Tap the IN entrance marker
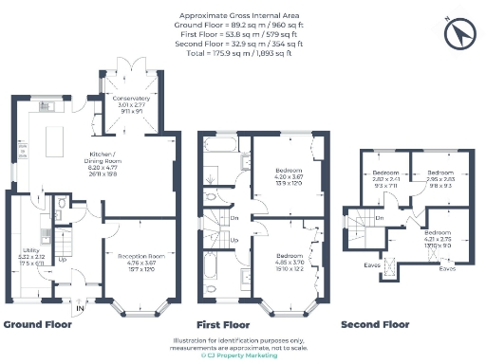tap(80, 307)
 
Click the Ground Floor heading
tap(39, 324)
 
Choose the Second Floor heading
tap(375, 324)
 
